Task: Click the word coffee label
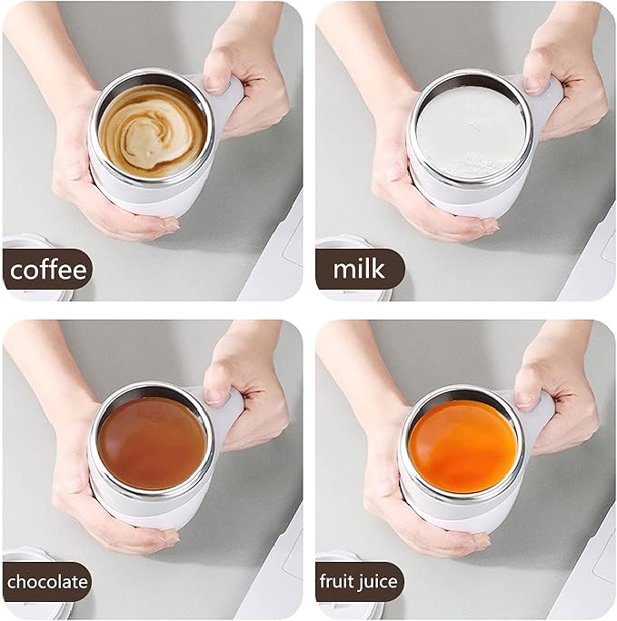pos(49,270)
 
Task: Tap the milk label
pos(360,270)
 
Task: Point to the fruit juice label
pos(359,581)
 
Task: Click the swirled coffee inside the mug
pos(152,131)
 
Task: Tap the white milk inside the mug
pos(469,133)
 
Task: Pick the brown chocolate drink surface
pos(152,442)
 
